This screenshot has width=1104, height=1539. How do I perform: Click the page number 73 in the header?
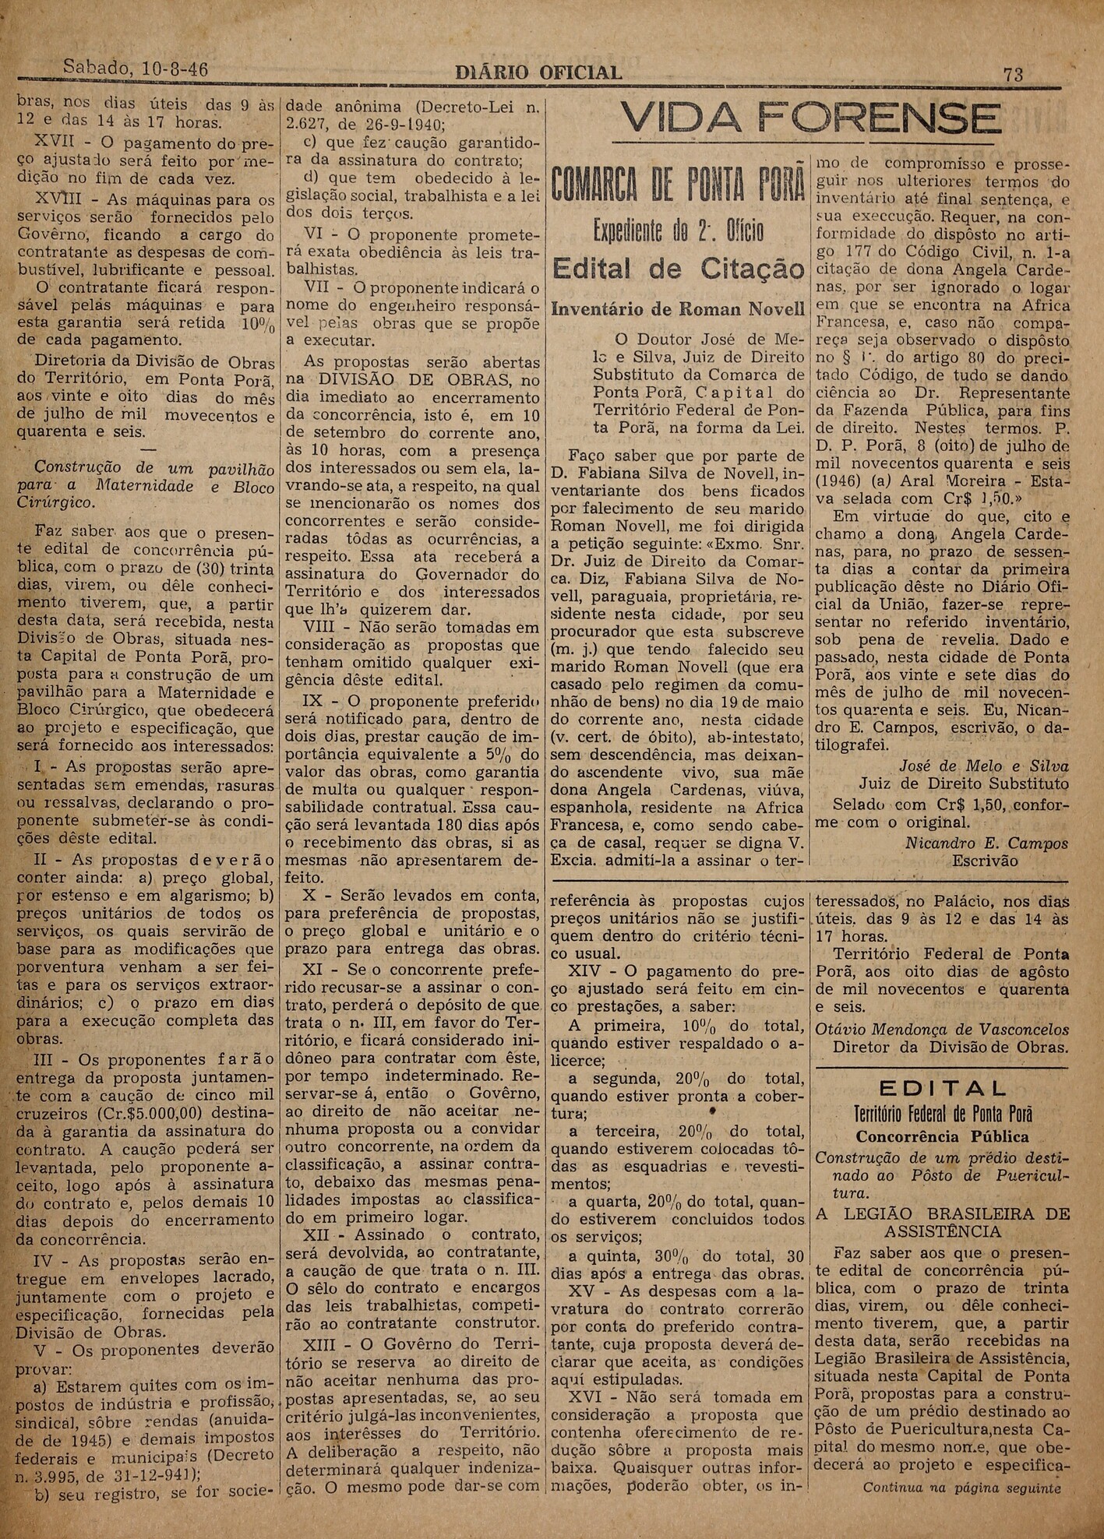click(x=1013, y=74)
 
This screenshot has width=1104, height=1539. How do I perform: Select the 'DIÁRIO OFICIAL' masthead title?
click(x=538, y=73)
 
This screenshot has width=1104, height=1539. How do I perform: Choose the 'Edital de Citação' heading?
click(x=678, y=269)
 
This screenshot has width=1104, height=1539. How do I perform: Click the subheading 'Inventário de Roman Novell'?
click(x=678, y=309)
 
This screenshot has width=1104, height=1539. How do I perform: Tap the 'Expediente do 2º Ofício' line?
click(x=678, y=231)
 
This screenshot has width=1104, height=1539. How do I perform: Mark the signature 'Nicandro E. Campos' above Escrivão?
click(x=986, y=843)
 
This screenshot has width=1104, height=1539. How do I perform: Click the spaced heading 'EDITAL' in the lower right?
click(x=942, y=1088)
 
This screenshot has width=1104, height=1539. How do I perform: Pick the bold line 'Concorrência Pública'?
click(x=942, y=1136)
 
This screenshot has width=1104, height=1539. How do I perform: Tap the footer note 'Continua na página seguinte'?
click(x=961, y=1509)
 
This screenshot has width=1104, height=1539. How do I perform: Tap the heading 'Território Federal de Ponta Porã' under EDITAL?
click(x=942, y=1113)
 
